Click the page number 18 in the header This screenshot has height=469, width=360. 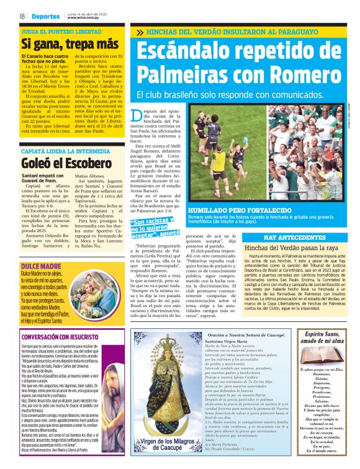[22, 16]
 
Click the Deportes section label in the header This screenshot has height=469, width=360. [47, 16]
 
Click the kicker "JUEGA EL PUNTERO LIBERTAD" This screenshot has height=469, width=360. [60, 30]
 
